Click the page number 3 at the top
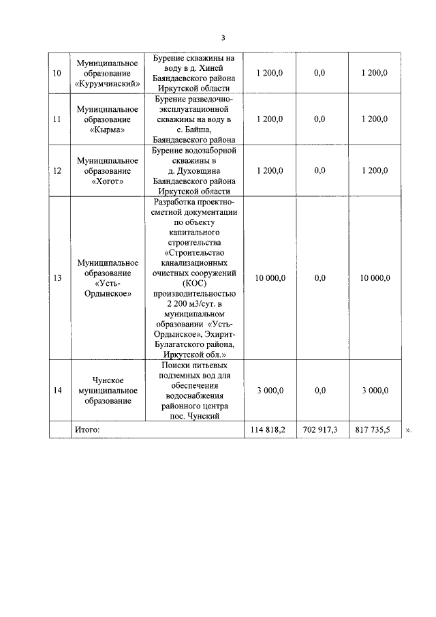coord(223,37)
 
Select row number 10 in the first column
coord(57,73)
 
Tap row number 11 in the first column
coord(57,119)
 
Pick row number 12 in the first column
coord(57,170)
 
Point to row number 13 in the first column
coord(57,278)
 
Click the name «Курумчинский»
coord(107,83)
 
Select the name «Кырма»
coord(107,129)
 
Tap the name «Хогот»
coord(107,181)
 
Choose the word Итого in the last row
coord(87,430)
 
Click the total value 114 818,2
coord(270,430)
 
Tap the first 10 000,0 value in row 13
coord(270,278)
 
